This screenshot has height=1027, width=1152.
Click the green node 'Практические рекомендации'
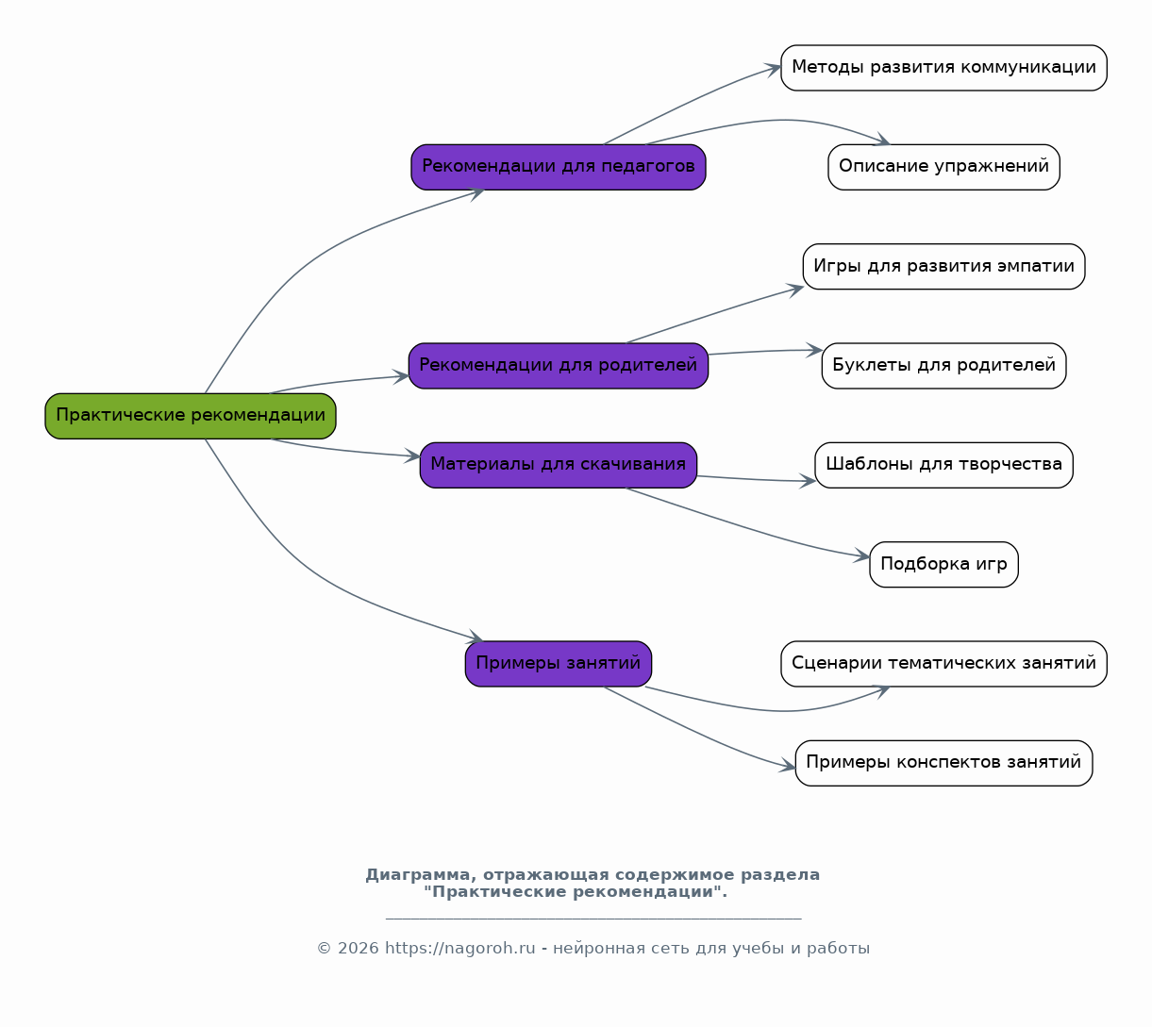point(191,416)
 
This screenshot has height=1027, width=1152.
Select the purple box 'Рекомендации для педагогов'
point(559,167)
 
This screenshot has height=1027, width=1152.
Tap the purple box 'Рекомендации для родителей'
point(559,366)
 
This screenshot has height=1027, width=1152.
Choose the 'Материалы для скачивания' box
point(559,465)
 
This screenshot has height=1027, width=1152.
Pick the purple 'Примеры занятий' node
point(559,664)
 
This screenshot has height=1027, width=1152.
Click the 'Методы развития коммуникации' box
point(943,68)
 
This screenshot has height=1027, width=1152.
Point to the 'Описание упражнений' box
point(943,167)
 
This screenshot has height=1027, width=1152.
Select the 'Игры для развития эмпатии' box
point(943,267)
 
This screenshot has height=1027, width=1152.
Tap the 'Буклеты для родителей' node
point(943,366)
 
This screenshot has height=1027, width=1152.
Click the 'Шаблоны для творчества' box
point(943,465)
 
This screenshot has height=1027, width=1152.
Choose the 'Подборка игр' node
point(943,564)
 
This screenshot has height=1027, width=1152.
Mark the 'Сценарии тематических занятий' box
point(943,664)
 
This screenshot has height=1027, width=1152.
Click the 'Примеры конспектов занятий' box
point(943,763)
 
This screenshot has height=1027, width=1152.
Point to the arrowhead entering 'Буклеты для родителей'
point(815,350)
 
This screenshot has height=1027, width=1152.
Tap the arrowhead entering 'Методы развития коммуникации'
point(774,70)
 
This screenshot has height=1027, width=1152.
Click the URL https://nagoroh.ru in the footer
point(460,949)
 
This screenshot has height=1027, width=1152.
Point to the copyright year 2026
point(359,949)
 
